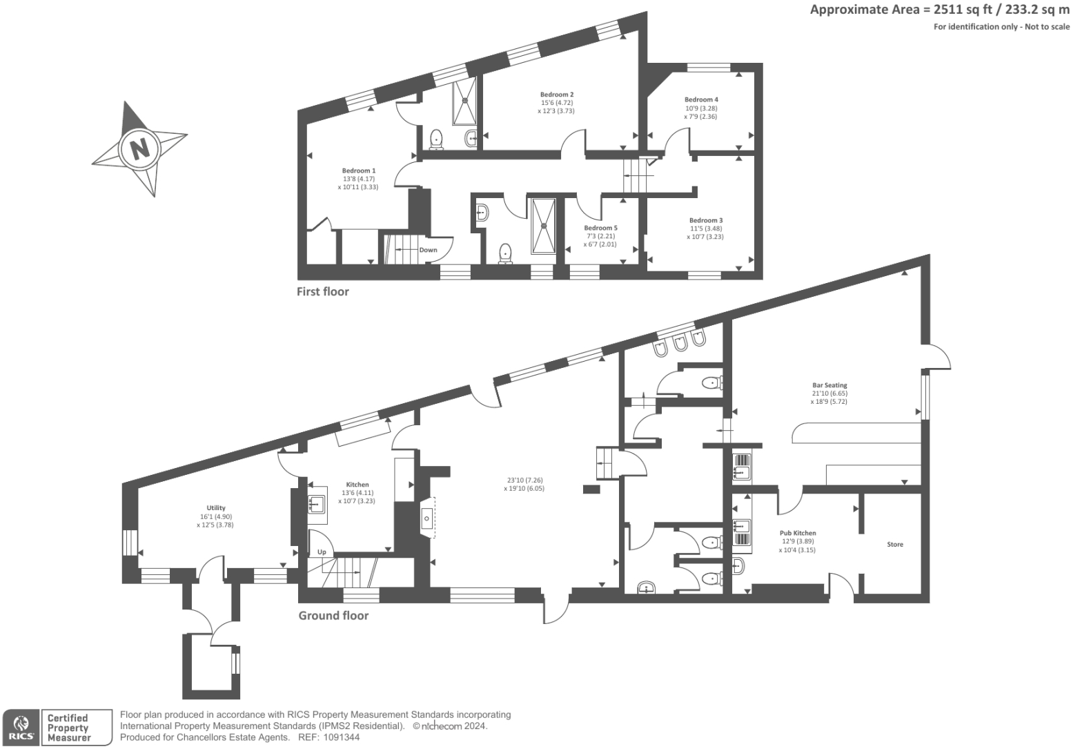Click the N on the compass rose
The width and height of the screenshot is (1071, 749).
139,148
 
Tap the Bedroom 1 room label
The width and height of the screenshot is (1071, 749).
359,171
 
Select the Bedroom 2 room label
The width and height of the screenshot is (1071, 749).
557,95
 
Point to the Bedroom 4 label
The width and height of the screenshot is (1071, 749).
701,99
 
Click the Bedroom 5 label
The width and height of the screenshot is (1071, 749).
600,228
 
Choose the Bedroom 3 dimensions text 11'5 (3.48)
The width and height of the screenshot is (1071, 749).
706,228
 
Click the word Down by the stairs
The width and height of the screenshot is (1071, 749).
428,250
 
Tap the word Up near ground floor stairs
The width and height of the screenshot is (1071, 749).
322,552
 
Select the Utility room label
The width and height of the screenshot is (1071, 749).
216,508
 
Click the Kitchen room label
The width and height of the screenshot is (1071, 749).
357,485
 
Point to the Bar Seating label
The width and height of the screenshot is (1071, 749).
829,385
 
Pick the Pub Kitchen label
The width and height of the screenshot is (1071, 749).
798,533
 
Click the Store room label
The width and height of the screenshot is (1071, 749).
895,545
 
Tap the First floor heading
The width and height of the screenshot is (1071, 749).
323,291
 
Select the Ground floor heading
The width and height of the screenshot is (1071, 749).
333,615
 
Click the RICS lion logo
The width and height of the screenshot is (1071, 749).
21,727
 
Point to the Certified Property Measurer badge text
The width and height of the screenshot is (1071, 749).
68,728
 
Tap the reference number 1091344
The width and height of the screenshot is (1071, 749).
338,737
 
